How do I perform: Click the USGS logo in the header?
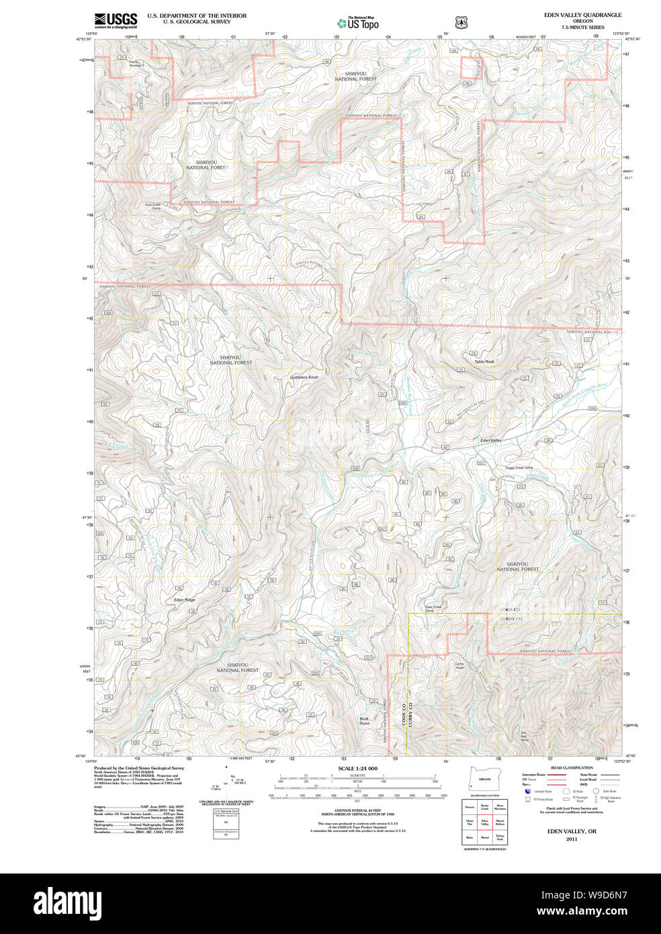pyautogui.click(x=116, y=19)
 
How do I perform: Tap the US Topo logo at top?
pyautogui.click(x=358, y=23)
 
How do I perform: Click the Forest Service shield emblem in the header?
pyautogui.click(x=461, y=23)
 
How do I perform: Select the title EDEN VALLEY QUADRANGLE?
pyautogui.click(x=582, y=15)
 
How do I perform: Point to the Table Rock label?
pyautogui.click(x=484, y=362)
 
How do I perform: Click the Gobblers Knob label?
pyautogui.click(x=304, y=378)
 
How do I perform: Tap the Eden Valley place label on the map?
pyautogui.click(x=490, y=440)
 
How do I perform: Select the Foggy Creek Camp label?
pyautogui.click(x=519, y=468)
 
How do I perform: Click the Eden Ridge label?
pyautogui.click(x=185, y=599)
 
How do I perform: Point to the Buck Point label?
pyautogui.click(x=364, y=721)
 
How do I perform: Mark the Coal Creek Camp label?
pyautogui.click(x=153, y=206)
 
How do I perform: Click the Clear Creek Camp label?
pyautogui.click(x=433, y=609)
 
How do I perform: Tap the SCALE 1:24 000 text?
pyautogui.click(x=357, y=768)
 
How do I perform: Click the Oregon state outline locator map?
pyautogui.click(x=480, y=779)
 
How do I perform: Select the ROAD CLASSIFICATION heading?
pyautogui.click(x=572, y=767)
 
